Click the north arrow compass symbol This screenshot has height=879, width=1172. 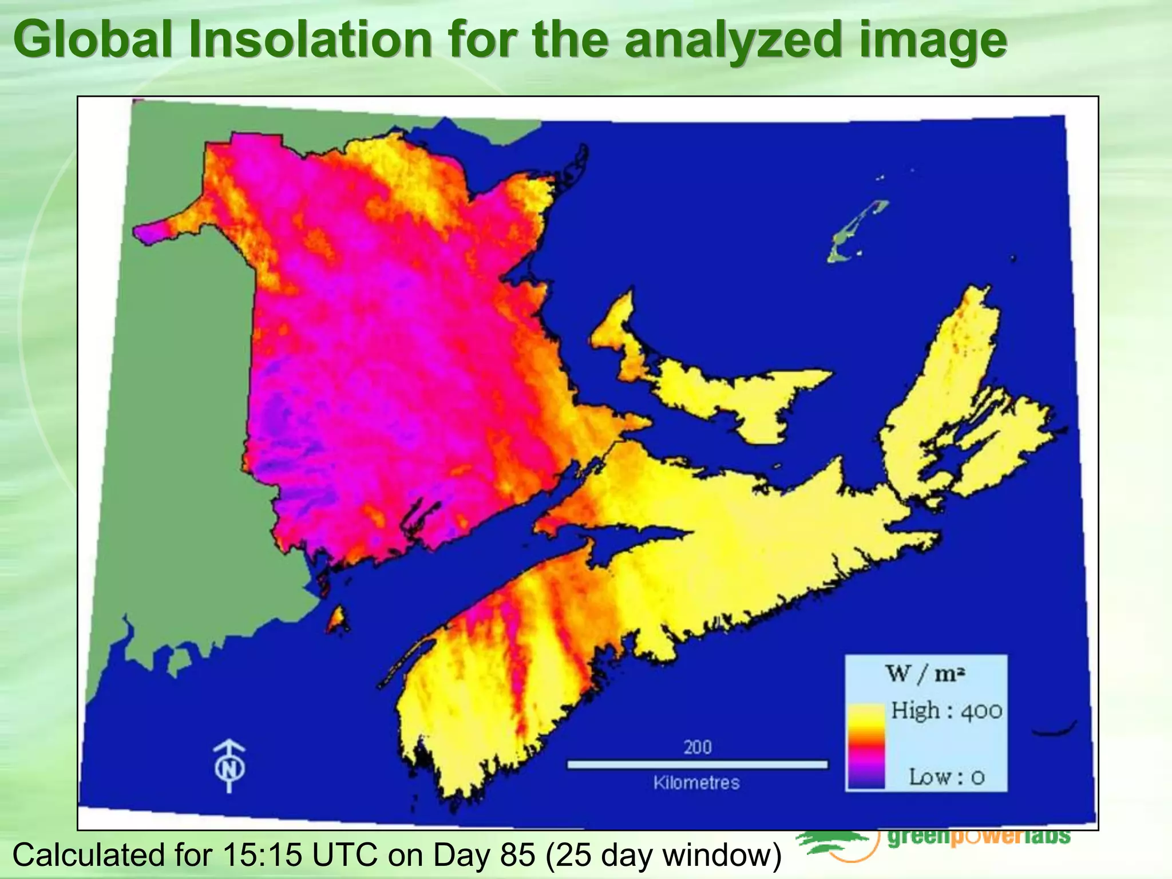229,766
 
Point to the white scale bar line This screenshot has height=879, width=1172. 697,765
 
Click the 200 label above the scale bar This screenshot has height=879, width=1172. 697,747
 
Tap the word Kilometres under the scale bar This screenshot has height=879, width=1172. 696,782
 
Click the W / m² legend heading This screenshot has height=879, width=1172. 925,674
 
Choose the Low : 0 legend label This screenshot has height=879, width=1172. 947,777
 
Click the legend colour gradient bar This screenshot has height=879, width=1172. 866,747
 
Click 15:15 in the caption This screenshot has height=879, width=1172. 260,855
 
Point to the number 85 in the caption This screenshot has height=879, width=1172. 517,855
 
